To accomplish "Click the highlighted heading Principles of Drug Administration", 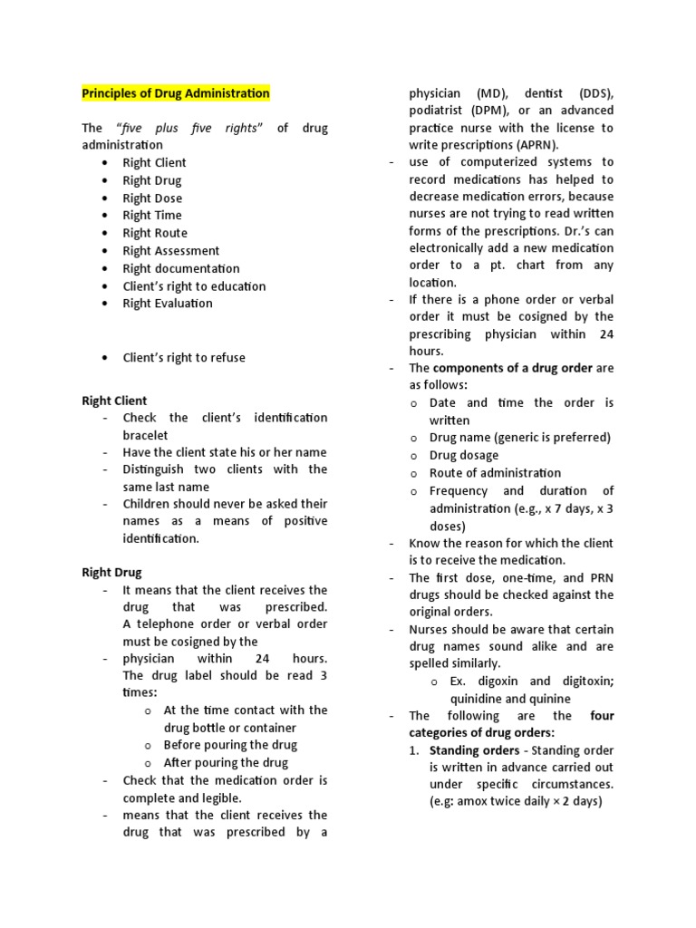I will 176,93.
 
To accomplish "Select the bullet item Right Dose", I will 152,198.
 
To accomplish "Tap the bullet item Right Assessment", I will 170,250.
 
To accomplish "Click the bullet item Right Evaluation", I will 168,303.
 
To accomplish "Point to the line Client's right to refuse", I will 184,357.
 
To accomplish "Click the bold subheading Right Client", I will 114,401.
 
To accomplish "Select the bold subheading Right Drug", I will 111,573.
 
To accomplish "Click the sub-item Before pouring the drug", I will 230,745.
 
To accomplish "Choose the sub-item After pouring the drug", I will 226,762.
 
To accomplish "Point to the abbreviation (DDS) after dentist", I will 592,93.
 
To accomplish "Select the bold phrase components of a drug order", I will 513,368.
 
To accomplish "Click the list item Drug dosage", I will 464,455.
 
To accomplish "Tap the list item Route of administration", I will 495,472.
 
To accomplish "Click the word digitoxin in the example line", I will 579,681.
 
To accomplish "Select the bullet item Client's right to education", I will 194,285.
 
